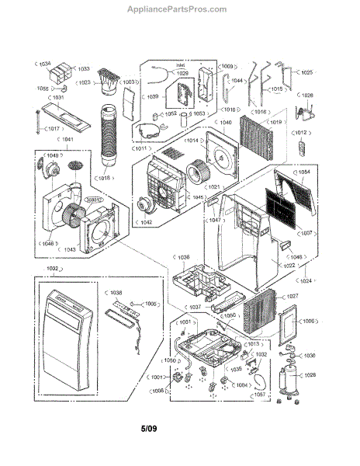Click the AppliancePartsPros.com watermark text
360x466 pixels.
(x=179, y=9)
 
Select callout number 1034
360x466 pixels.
(x=45, y=62)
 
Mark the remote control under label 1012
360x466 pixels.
(x=304, y=148)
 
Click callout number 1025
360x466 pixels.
(x=306, y=72)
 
